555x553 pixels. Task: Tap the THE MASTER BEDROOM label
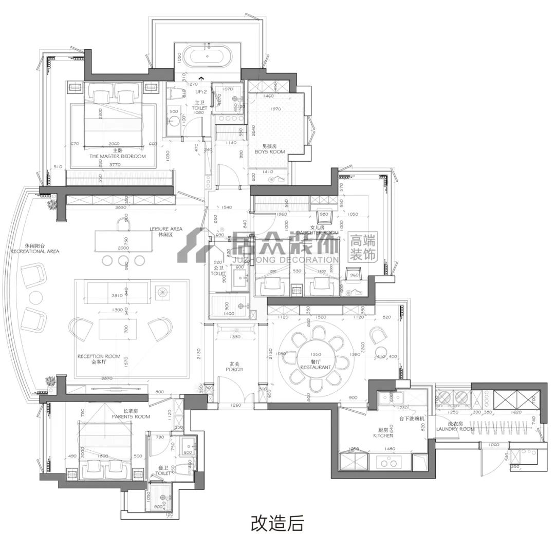[117, 156]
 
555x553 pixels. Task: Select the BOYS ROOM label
[269, 152]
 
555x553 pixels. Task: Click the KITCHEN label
[383, 435]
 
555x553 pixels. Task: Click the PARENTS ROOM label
[131, 416]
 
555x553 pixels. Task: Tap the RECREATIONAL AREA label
[34, 251]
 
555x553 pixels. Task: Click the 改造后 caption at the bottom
[277, 524]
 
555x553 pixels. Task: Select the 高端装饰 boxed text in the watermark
[362, 247]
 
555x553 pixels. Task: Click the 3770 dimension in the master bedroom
[118, 165]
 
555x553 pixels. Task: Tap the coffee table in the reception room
[118, 329]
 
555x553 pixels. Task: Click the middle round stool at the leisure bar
[123, 260]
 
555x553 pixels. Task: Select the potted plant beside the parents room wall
[50, 382]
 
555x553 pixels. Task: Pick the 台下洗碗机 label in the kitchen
[412, 419]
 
